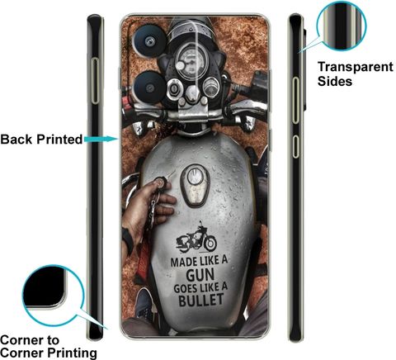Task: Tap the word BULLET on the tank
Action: pyautogui.click(x=201, y=300)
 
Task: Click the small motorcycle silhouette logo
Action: pyautogui.click(x=196, y=237)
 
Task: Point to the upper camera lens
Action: pyautogui.click(x=149, y=40)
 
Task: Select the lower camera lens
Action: pyautogui.click(x=150, y=88)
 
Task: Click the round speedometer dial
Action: pyautogui.click(x=189, y=61)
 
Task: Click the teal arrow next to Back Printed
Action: pyautogui.click(x=101, y=139)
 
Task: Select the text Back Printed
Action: pyautogui.click(x=41, y=140)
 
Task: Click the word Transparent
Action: pyautogui.click(x=356, y=67)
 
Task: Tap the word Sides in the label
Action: pyautogui.click(x=335, y=81)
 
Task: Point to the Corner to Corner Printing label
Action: pyautogui.click(x=49, y=347)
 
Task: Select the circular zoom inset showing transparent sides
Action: pyautogui.click(x=342, y=26)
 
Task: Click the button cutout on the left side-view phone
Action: pyautogui.click(x=95, y=81)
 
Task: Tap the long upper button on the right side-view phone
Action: pyautogui.click(x=295, y=100)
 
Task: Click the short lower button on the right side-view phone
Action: pyautogui.click(x=295, y=146)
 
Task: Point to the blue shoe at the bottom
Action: pyautogui.click(x=144, y=303)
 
